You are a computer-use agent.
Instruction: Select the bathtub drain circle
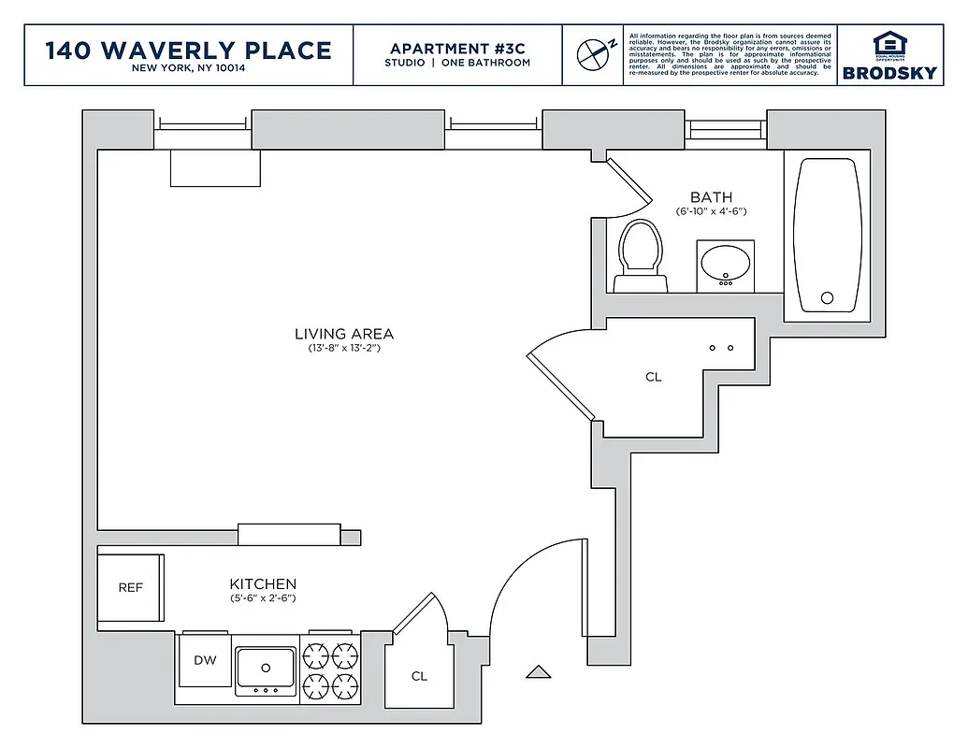(x=827, y=298)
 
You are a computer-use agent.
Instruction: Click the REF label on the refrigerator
(x=131, y=588)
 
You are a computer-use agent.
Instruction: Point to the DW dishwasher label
(x=205, y=660)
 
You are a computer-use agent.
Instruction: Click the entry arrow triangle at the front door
(x=538, y=670)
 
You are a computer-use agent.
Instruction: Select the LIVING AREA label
(x=344, y=334)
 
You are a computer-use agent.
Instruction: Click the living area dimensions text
(x=344, y=349)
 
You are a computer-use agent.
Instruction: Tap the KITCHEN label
(x=263, y=584)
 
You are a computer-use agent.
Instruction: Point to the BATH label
(x=711, y=197)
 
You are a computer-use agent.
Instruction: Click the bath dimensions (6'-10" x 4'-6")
(x=711, y=212)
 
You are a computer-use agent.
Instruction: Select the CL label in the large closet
(x=653, y=378)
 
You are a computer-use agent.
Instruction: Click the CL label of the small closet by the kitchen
(x=419, y=676)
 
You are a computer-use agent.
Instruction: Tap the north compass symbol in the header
(x=593, y=54)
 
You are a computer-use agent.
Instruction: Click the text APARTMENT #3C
(x=457, y=49)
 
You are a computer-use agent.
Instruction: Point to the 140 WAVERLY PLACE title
(x=189, y=50)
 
